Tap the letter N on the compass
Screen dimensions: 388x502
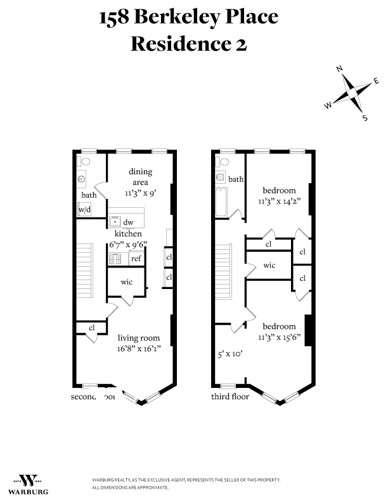point(340,68)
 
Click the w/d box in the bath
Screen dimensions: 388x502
point(84,209)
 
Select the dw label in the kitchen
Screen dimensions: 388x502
point(128,222)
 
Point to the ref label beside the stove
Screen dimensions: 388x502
point(136,259)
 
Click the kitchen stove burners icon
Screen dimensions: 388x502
point(115,259)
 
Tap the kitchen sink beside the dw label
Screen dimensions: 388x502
point(115,221)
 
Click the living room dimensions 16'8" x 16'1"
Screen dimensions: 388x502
point(139,348)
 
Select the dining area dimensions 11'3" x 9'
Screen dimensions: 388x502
point(141,192)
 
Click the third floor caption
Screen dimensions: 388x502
point(230,397)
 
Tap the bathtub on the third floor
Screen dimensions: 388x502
point(221,202)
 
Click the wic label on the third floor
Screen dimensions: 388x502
point(269,266)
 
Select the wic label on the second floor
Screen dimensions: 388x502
point(127,281)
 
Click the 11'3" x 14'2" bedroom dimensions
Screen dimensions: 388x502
point(279,201)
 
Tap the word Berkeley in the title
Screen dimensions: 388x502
point(188,17)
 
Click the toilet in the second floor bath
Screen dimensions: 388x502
point(86,162)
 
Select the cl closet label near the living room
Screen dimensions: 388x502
point(92,328)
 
